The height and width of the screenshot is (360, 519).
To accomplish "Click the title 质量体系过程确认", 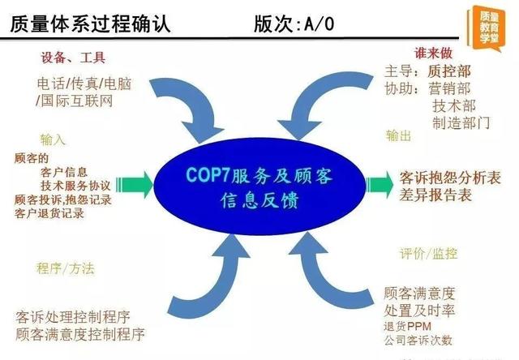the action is tap(90, 24).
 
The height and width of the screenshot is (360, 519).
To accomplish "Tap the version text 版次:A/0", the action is tap(294, 24).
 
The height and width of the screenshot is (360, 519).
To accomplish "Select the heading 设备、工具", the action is tap(74, 58).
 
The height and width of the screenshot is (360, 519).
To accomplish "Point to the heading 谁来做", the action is tap(433, 54).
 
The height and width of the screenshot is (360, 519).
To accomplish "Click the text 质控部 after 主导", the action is tap(448, 71).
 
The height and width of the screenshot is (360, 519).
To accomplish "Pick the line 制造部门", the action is tap(461, 122).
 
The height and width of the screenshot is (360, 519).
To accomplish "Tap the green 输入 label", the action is tap(53, 139).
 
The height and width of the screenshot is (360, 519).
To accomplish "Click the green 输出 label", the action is tap(398, 135).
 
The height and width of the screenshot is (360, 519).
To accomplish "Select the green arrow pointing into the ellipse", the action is tap(135, 184).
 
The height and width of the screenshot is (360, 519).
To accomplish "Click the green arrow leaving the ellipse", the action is tap(380, 184).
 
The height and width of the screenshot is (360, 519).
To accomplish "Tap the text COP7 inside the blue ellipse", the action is tap(208, 174).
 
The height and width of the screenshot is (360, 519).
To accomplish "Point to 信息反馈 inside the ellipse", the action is tap(259, 200).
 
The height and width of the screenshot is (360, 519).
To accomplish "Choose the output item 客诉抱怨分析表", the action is tap(450, 178).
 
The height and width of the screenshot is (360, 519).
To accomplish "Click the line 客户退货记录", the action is tap(49, 213).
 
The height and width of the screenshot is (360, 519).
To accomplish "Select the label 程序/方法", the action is tap(66, 268).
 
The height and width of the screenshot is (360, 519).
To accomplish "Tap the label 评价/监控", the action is tap(428, 254).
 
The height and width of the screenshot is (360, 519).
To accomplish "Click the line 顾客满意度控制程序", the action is tap(80, 334).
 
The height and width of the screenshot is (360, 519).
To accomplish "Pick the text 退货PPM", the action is tap(407, 326).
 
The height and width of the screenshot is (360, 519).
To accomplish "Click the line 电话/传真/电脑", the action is tap(84, 84).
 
